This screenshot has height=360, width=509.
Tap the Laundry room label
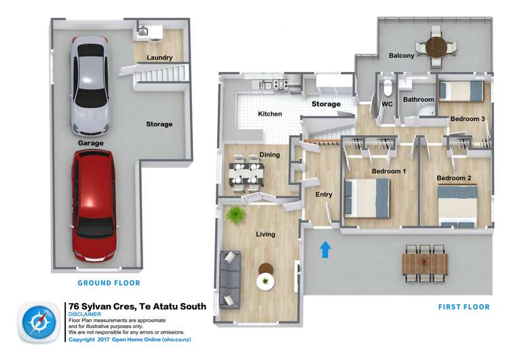(x=159, y=58)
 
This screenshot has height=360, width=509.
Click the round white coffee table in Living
(x=264, y=280)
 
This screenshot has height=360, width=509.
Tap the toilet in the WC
(x=388, y=89)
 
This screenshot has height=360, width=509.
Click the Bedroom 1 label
(x=388, y=171)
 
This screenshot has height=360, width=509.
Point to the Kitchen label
(x=269, y=114)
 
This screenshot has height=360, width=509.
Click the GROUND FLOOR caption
(x=109, y=283)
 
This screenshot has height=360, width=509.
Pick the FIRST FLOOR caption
(x=464, y=307)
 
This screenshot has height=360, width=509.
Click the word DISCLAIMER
(x=85, y=314)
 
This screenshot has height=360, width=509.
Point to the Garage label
(x=90, y=143)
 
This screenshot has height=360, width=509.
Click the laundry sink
(x=144, y=31)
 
